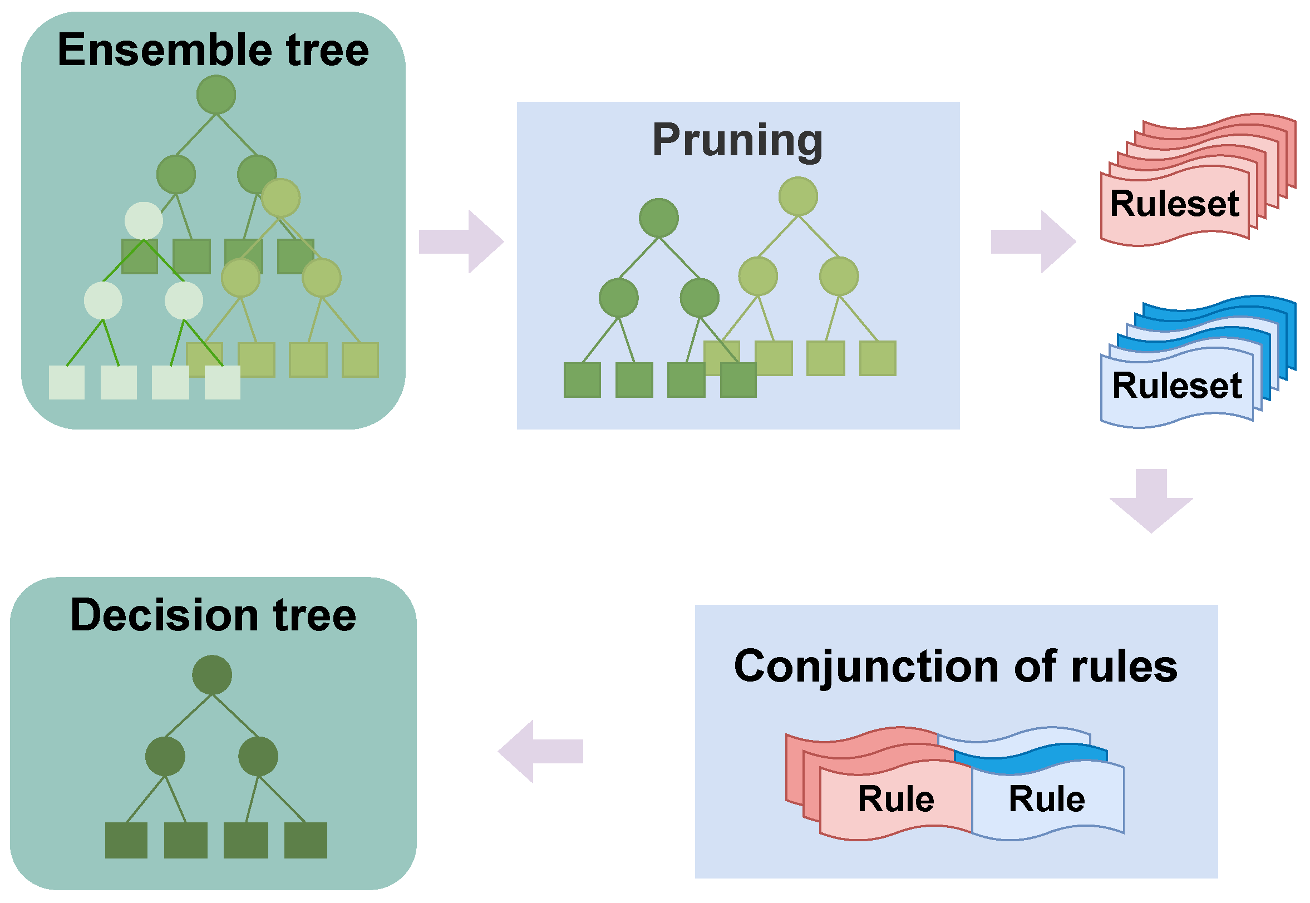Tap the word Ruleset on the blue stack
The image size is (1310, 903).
[x=1176, y=386]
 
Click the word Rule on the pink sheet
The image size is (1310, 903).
[x=896, y=799]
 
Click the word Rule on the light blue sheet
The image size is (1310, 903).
[x=1047, y=799]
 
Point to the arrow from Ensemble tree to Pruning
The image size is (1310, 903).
[x=461, y=241]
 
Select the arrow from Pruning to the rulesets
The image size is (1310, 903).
[x=1033, y=241]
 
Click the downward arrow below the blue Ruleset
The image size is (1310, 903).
[x=1151, y=501]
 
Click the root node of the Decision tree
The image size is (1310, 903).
[x=211, y=675]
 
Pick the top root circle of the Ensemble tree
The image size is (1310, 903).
[x=216, y=95]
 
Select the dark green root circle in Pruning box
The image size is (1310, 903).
[x=659, y=218]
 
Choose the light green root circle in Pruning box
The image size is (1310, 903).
[x=798, y=196]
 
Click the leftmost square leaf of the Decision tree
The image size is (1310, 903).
[x=126, y=840]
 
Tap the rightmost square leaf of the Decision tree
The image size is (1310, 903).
[x=306, y=840]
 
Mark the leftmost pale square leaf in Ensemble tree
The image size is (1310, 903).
[x=67, y=382]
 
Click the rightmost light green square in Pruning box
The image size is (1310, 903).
[x=878, y=358]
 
